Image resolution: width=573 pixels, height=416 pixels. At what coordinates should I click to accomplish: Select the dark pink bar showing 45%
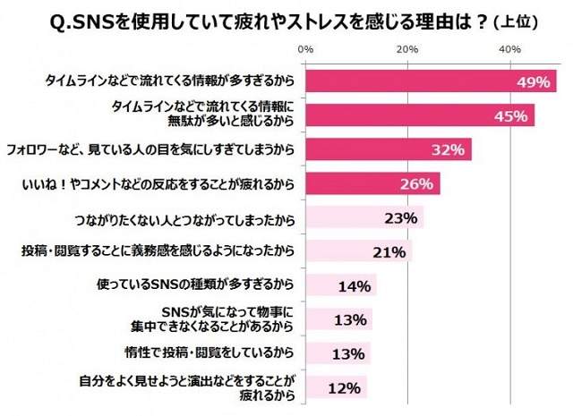point(420,115)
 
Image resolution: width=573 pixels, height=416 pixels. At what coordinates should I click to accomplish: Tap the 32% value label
point(446,149)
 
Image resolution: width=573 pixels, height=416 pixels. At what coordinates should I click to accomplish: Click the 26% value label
point(415,184)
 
